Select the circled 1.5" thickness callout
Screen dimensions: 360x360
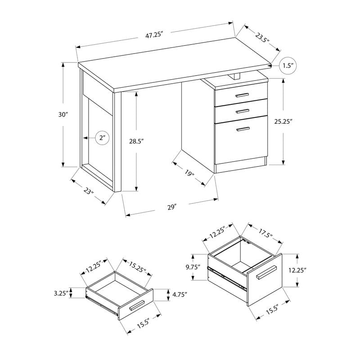[288, 66]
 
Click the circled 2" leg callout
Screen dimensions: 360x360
[102, 138]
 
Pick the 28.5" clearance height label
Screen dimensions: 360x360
[136, 141]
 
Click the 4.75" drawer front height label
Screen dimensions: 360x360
[179, 295]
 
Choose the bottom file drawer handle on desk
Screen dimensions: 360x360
[243, 129]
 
